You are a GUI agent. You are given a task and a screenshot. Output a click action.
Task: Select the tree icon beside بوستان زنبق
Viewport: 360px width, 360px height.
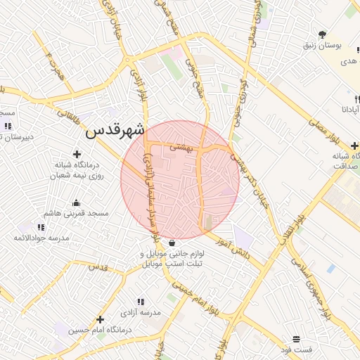coord(323,34)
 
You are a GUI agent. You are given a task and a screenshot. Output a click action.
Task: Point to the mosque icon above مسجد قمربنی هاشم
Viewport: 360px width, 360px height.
coord(76,203)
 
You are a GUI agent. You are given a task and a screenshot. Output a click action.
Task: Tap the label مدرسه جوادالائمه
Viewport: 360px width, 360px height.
coord(41,238)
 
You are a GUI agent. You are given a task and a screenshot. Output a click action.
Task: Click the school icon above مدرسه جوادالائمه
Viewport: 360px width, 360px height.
coord(41,227)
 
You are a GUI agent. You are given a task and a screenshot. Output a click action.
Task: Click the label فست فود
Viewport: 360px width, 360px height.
coord(296,349)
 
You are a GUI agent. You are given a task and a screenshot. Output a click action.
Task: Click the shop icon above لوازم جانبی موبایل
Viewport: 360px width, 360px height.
coord(173,243)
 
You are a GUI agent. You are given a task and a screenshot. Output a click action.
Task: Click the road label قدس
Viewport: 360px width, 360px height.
coord(98,267)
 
